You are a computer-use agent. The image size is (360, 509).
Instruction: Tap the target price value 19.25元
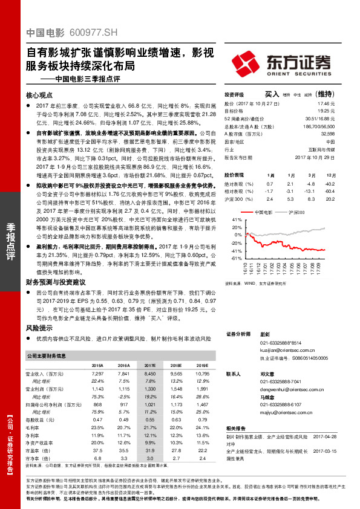point(327,111)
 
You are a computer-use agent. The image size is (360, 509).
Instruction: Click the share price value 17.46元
point(327,104)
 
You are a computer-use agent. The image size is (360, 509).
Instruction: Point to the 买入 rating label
point(272,95)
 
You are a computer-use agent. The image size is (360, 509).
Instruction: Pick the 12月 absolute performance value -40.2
point(329,183)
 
